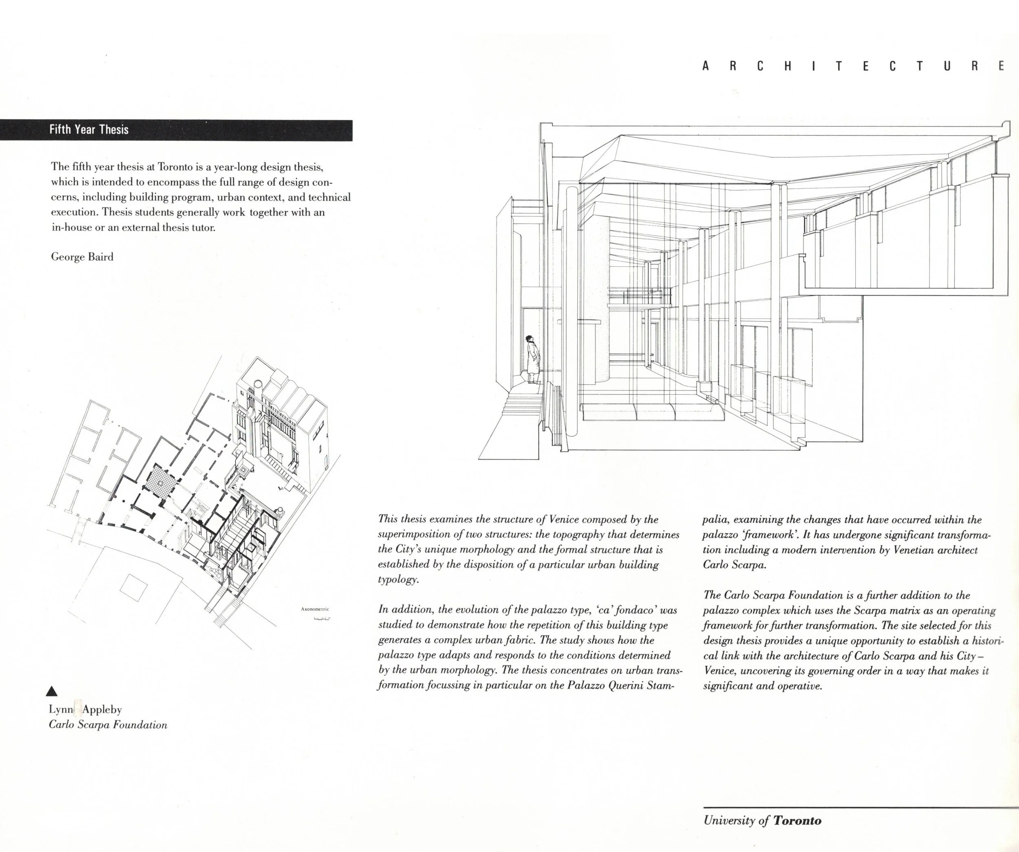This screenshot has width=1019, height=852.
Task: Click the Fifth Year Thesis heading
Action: click(x=89, y=130)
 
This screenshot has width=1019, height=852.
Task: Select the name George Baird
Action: click(x=82, y=257)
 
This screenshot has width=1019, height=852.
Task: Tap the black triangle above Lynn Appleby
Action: click(x=54, y=691)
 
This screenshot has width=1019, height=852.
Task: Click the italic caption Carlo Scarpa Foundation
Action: click(x=108, y=725)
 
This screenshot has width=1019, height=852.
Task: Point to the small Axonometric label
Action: click(x=315, y=609)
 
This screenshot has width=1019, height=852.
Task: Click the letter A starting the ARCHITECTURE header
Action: click(x=705, y=66)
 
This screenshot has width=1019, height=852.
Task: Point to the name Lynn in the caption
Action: click(x=61, y=709)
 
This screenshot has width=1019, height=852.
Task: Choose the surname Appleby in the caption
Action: click(x=102, y=710)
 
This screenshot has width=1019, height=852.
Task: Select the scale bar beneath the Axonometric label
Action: click(x=322, y=619)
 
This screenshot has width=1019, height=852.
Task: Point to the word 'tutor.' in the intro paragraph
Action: click(x=203, y=227)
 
